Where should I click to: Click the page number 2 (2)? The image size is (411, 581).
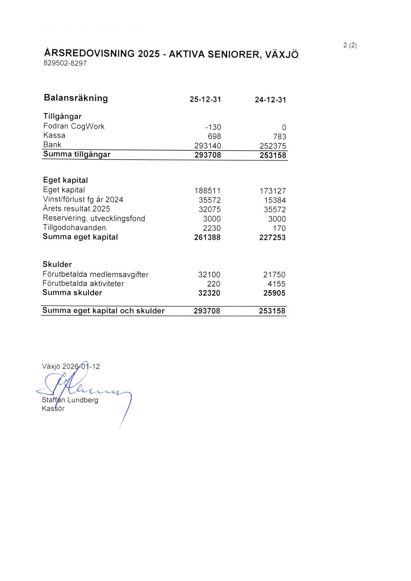coord(350,45)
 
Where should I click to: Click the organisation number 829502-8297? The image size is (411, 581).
coord(65,63)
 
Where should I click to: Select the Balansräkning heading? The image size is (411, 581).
coord(76,98)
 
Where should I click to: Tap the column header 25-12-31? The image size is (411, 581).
coord(205,100)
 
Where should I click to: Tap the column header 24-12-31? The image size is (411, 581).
coord(270,100)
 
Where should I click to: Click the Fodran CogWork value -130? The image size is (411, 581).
coord(213,127)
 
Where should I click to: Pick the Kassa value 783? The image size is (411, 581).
coord(280,137)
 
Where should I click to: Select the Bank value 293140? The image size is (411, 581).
coord(208,146)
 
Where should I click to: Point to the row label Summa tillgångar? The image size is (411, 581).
coord(77,154)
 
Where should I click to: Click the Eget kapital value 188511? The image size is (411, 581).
coord(207,191)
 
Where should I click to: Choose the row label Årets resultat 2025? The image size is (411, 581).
coord(76,209)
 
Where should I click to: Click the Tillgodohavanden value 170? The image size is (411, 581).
coord(280,228)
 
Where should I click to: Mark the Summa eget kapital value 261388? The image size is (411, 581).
coord(207,238)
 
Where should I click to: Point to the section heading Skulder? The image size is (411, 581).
coord(57,264)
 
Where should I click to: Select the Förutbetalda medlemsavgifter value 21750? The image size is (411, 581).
coord(274,275)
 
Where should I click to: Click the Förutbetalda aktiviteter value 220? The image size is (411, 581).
coord(214,284)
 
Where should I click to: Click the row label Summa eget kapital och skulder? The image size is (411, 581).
coord(103,311)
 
